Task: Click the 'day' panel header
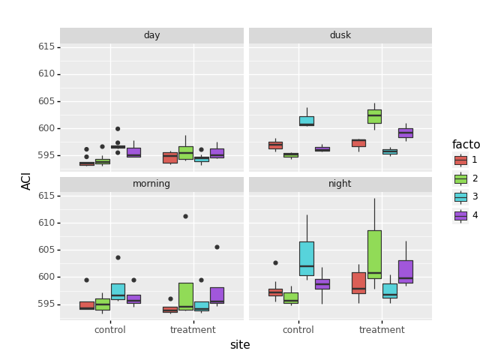(151, 35)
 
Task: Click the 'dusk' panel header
(340, 35)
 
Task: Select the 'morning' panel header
(151, 184)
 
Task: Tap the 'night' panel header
(340, 184)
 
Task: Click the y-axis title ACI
(27, 181)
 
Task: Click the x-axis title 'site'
(240, 345)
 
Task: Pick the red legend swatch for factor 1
(460, 160)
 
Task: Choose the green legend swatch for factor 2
(460, 178)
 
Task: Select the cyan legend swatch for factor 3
(460, 196)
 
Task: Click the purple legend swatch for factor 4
(460, 215)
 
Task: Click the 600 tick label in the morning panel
(46, 277)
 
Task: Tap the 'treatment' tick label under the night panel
(382, 330)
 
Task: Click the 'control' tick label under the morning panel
(110, 330)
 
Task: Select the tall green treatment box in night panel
(374, 253)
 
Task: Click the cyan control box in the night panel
(307, 258)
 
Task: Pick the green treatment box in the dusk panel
(374, 116)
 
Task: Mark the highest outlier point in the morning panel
(185, 216)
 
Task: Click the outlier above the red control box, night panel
(275, 262)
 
